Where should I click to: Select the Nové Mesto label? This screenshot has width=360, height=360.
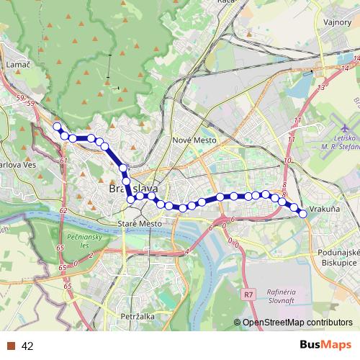click(x=191, y=140)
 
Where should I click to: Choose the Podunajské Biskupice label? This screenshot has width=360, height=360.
click(x=337, y=258)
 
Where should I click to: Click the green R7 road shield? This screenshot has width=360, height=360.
click(x=248, y=294)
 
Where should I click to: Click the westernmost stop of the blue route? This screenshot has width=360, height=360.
click(x=57, y=127)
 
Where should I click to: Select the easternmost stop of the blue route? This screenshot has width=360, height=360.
click(x=303, y=213)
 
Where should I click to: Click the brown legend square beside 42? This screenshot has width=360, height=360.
click(x=10, y=346)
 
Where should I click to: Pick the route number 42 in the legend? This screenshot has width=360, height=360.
click(x=27, y=346)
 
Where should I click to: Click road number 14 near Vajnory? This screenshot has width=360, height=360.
click(x=322, y=87)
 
